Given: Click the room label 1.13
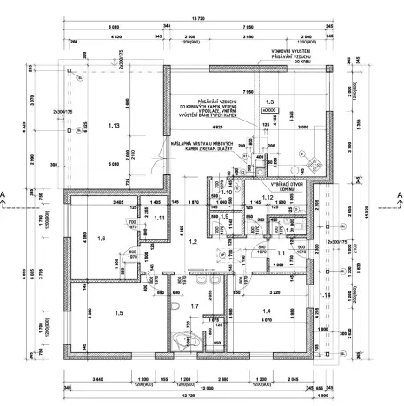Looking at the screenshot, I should [x=113, y=127].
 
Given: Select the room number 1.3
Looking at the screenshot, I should [x=269, y=101].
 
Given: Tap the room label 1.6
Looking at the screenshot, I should [x=102, y=238].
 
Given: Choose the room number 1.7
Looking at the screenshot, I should [x=195, y=307].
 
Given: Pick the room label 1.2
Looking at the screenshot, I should [x=195, y=242].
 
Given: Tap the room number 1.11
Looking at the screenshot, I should [x=160, y=218].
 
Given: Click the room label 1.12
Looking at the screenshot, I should [x=268, y=199].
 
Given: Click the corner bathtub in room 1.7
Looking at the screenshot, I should [x=185, y=342].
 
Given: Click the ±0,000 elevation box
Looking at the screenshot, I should [x=269, y=111].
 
